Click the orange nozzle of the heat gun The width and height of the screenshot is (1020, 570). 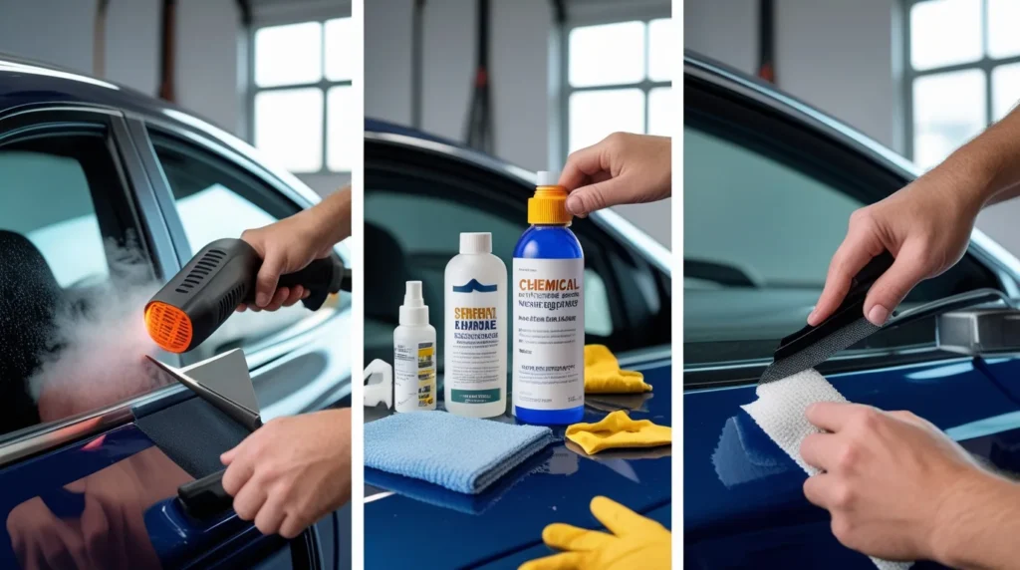[166, 326]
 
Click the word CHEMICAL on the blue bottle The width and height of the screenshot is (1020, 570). [548, 285]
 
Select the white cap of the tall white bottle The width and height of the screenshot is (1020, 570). [474, 243]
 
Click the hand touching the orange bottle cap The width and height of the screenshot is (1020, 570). [613, 169]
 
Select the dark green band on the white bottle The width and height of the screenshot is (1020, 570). [474, 395]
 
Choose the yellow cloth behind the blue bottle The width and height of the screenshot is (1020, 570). [610, 371]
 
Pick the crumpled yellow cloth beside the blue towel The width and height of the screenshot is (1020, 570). [618, 432]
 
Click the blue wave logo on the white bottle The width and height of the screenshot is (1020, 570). [474, 287]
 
